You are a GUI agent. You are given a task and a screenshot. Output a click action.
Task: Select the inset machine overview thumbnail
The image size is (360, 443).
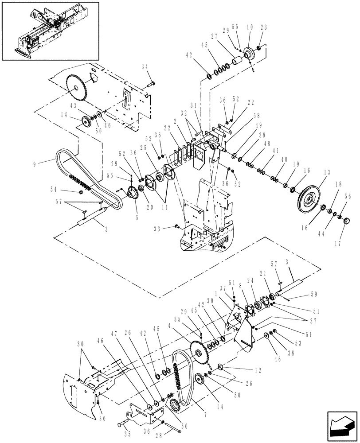[50, 31]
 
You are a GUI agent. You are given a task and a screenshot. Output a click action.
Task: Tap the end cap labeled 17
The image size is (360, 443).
[345, 221]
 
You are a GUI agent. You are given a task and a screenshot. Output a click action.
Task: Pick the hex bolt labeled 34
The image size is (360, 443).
[152, 83]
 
